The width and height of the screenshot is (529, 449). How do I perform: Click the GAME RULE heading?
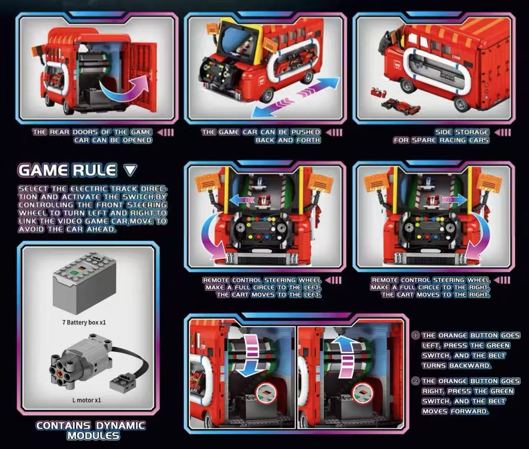click(x=67, y=170)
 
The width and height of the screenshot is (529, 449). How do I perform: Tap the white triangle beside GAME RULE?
click(x=130, y=170)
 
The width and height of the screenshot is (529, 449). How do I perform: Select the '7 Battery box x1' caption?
click(x=84, y=323)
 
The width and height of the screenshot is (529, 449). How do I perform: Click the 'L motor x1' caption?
click(x=87, y=400)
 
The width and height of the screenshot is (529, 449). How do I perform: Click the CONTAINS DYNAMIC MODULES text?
click(x=91, y=430)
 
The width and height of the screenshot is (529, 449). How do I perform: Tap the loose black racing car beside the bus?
click(x=402, y=107)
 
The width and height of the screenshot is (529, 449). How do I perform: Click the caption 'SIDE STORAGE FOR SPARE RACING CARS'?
click(x=441, y=136)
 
